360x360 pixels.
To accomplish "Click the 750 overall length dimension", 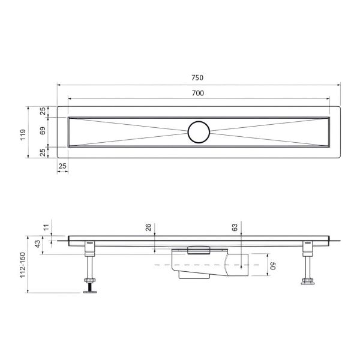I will tap(197, 77).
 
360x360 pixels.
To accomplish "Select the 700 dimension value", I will tap(197, 92).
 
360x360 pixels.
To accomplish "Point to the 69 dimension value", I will tap(43, 131).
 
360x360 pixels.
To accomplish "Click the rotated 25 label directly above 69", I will tap(43, 111).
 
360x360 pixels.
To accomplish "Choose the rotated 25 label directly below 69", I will tap(43, 152).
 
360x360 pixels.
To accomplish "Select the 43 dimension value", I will tap(37, 245).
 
